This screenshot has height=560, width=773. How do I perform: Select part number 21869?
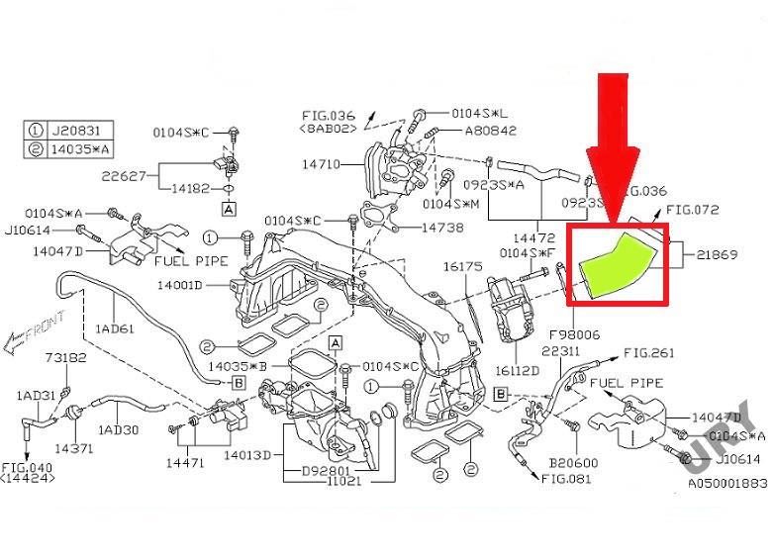[717, 253]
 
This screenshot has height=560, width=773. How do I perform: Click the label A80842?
[490, 130]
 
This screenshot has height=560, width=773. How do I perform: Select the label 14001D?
[178, 285]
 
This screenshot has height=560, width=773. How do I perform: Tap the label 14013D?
[247, 455]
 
